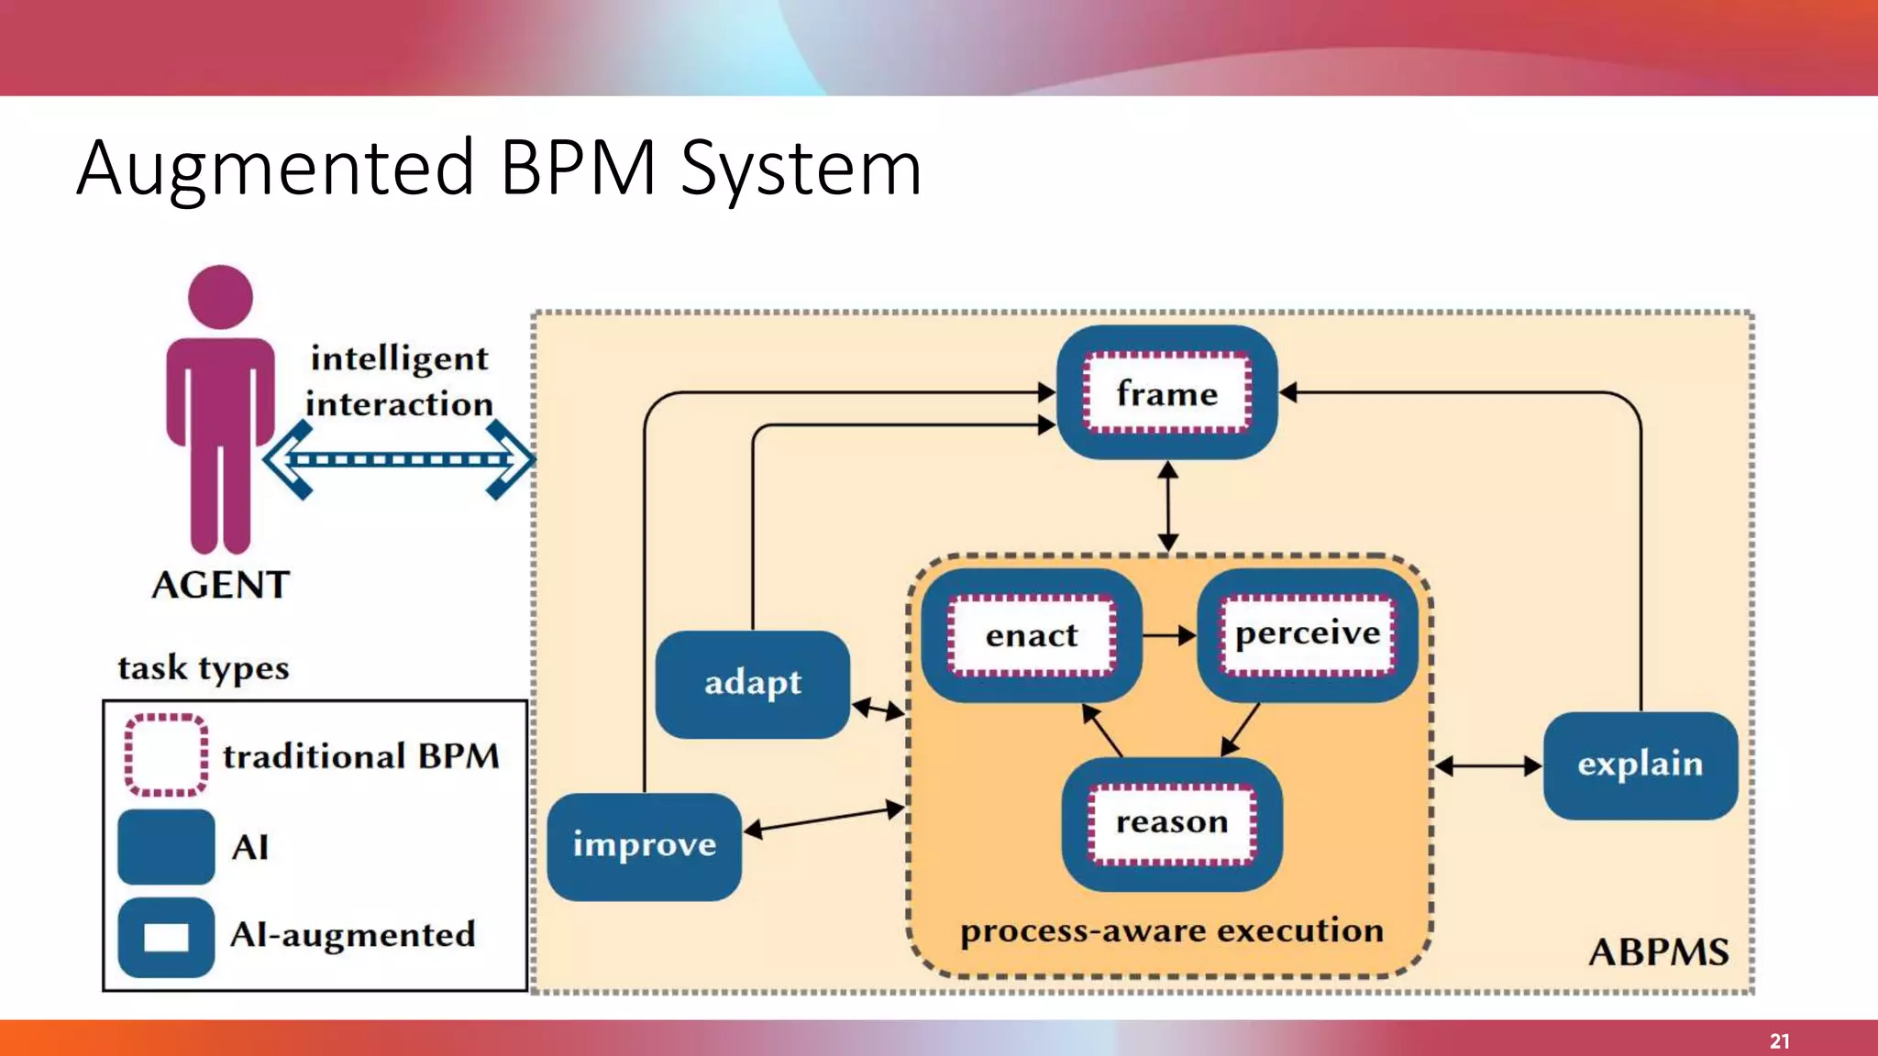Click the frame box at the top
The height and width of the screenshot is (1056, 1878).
[x=1166, y=392]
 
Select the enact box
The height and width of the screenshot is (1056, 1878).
[x=1031, y=634]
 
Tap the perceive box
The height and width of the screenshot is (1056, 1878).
[x=1308, y=634]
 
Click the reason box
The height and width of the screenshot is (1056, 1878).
[x=1171, y=823]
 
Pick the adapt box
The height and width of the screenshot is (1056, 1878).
[x=752, y=684]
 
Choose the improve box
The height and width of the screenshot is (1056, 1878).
[x=644, y=845]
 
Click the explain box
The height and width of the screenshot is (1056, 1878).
[x=1640, y=764]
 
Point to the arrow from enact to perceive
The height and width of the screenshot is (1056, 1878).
[x=1169, y=634]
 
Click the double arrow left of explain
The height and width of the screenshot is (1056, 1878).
[x=1487, y=765]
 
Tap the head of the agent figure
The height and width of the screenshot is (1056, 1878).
[x=220, y=297]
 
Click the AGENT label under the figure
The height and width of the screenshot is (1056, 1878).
[x=221, y=585]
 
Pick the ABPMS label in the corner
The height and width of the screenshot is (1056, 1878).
[x=1658, y=952]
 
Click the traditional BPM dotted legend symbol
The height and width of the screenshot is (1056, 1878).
[x=166, y=754]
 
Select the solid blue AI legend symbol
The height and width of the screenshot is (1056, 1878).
[x=166, y=846]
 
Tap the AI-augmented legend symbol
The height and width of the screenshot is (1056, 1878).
[x=166, y=937]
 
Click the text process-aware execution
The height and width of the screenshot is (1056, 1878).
[x=1171, y=931]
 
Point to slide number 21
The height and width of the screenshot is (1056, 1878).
[x=1779, y=1041]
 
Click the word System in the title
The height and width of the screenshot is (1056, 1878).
[x=801, y=169]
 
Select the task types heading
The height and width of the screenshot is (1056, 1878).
[x=204, y=668]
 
